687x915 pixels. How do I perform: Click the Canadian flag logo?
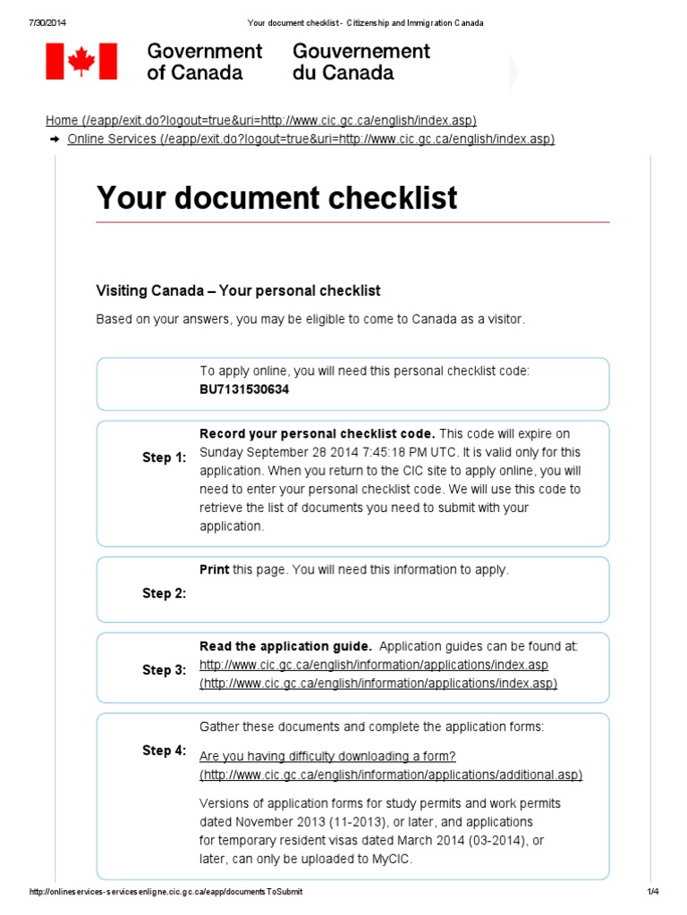coord(81,61)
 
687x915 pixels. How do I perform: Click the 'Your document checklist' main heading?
coord(276,197)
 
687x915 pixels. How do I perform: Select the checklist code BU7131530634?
coord(244,390)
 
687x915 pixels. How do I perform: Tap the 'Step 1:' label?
coord(165,457)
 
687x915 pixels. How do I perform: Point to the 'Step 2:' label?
coord(165,592)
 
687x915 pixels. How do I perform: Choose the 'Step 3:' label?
coord(165,670)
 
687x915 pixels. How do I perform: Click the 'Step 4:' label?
coord(165,751)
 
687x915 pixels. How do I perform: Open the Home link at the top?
coord(260,121)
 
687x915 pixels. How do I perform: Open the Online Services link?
coord(310,139)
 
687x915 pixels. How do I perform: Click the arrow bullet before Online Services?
coord(55,139)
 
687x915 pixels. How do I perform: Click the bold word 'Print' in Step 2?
coord(215,569)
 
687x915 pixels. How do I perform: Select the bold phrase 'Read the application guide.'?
coord(285,646)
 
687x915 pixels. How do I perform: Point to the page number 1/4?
coord(652,892)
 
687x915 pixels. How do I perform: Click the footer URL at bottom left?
coord(172,892)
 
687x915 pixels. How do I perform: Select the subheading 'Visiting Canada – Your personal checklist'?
coord(238,290)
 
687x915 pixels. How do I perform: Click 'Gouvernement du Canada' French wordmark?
coord(361,62)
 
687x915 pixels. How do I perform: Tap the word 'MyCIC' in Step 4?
coord(394,859)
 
